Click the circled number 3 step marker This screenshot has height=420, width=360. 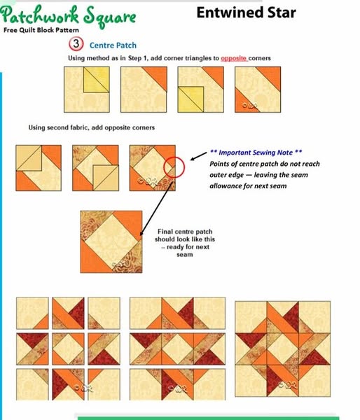coord(76,44)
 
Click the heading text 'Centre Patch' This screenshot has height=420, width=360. coord(113,45)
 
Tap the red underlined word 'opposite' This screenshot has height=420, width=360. coord(234,58)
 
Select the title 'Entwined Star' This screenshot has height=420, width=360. coord(246,13)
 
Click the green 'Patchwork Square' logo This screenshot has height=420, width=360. coord(68,15)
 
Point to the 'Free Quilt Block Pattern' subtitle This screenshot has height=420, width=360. coord(41,30)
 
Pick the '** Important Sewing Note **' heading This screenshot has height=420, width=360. coord(256,153)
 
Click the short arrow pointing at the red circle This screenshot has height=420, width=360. coord(199,156)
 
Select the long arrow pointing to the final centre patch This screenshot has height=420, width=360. coord(156,209)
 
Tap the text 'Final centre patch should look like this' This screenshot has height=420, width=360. coord(185,235)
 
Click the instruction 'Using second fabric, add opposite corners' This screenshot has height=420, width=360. coord(92,127)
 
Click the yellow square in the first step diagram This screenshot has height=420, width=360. coord(96,80)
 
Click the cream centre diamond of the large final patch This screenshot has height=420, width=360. coord(111,242)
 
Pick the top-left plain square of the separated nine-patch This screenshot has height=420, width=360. coord(32,313)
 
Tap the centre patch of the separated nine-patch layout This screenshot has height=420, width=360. coord(68,349)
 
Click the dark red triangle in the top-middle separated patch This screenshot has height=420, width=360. coord(76,311)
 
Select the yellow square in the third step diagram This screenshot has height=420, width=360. coord(191,99)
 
